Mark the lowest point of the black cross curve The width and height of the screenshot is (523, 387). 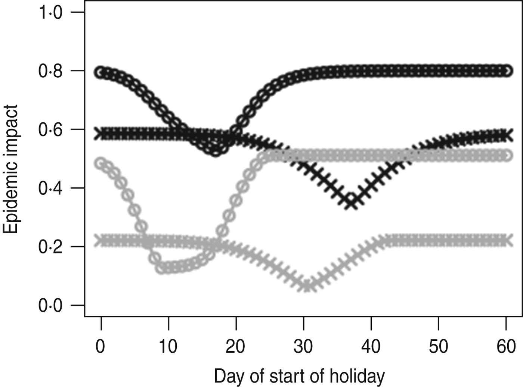click(351, 203)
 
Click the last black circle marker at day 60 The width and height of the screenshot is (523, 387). click(506, 71)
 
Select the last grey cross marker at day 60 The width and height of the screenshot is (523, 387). click(506, 240)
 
